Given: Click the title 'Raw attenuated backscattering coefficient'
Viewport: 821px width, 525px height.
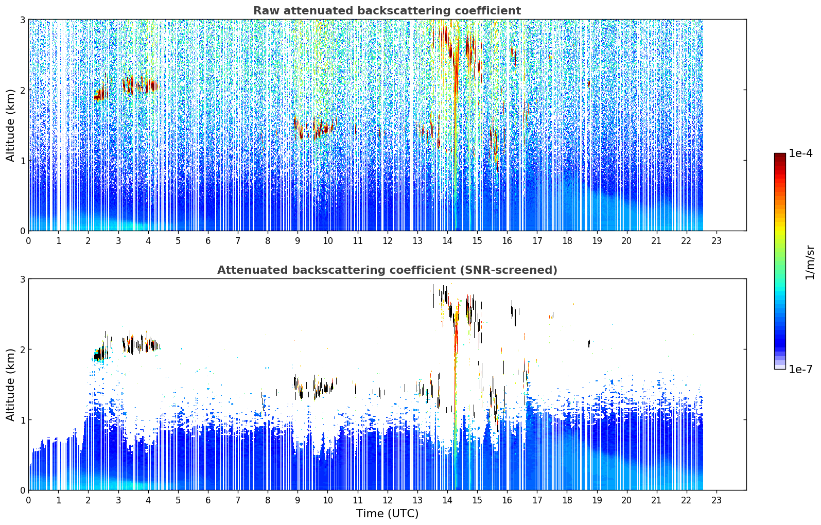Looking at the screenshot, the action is coord(387,11).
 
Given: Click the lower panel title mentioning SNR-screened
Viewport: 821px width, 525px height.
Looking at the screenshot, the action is coord(387,270).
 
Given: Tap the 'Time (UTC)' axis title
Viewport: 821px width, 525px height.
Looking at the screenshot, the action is coord(387,514).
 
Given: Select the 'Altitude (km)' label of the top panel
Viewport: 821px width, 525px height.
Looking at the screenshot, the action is coord(10,126).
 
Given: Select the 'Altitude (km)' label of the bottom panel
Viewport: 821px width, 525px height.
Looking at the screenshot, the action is coord(10,384).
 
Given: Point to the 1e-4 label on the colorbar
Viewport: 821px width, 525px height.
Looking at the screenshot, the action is coord(800,153).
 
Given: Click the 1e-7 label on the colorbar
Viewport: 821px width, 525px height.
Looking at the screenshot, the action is coord(800,369).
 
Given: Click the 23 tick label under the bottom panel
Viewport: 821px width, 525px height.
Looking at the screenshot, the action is coord(716,500).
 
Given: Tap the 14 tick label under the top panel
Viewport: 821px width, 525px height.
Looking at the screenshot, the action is coord(447,241).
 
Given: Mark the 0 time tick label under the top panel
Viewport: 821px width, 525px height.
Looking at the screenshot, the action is coord(29,241).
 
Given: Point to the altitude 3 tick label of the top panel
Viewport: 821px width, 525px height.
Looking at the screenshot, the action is coord(22,20).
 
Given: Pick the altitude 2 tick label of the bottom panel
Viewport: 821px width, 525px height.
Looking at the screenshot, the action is coord(22,349).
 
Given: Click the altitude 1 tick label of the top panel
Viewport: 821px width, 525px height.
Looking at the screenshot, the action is coord(22,160).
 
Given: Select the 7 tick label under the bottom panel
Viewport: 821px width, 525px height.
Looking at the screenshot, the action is coord(238,500).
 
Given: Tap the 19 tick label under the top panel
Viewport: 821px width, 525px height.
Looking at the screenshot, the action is coord(597,241).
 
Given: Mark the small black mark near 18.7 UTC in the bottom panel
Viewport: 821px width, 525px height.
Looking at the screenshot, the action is coord(589,343).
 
